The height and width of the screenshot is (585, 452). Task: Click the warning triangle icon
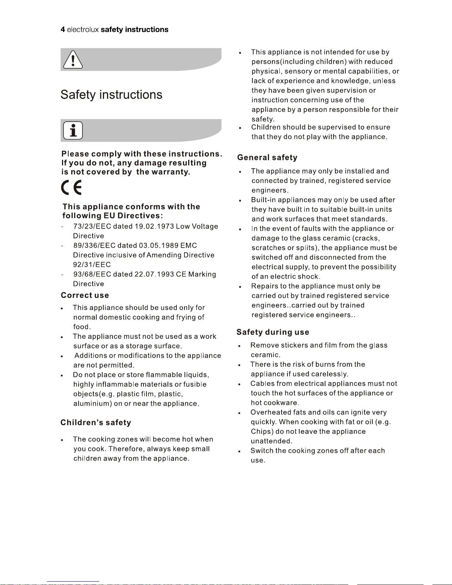[73, 59]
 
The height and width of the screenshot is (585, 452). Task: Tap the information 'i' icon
[73, 130]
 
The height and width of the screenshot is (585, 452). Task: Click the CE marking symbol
[72, 188]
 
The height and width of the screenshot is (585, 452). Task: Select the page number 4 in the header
[63, 30]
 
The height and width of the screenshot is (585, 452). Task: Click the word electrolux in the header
[83, 30]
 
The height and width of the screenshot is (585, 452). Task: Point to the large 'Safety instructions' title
[111, 94]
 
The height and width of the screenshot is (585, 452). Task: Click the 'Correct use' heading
[85, 295]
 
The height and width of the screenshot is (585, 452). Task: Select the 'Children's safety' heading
[96, 423]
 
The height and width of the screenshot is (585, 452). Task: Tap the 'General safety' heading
[267, 158]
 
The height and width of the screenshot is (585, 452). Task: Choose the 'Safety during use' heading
[273, 332]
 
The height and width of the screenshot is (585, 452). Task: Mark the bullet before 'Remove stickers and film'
[240, 346]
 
